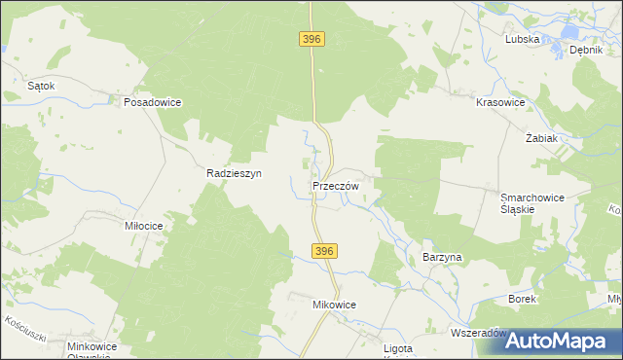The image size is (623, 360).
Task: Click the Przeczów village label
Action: tap(337, 186)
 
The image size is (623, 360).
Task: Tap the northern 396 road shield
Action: tap(311, 39)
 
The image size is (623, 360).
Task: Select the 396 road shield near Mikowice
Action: tap(325, 251)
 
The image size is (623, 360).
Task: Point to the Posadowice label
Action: tap(153, 101)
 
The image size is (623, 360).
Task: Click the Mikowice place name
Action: tap(334, 305)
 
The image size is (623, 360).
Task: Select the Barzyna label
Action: tap(442, 257)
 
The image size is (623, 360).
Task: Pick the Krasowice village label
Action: tap(500, 102)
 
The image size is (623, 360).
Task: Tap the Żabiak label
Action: tap(541, 138)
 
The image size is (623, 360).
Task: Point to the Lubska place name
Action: tap(522, 40)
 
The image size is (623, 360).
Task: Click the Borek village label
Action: tap(523, 299)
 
